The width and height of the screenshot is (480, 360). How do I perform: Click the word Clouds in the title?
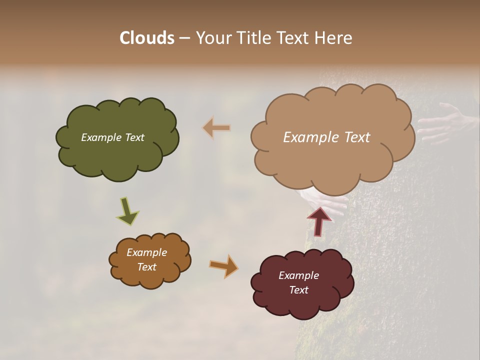[146, 38]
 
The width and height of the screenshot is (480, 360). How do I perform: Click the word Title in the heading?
[251, 38]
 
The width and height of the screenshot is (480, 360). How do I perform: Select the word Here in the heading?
[334, 38]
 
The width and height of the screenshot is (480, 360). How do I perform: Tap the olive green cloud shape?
[117, 155]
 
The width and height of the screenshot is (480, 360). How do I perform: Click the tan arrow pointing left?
[216, 128]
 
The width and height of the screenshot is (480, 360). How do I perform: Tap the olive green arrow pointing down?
[127, 211]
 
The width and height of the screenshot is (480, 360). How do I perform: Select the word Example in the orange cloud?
[146, 252]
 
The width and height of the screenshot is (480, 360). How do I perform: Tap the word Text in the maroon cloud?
[298, 290]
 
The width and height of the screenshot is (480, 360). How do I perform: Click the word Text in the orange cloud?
[146, 267]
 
